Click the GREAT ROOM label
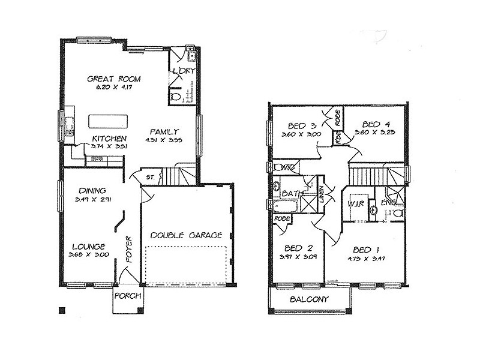tap(113, 79)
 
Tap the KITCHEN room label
tap(109, 138)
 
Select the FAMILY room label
tap(163, 131)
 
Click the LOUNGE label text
tap(89, 246)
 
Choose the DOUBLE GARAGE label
tap(186, 235)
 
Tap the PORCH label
tap(127, 296)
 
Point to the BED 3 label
tap(302, 125)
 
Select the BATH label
tap(290, 193)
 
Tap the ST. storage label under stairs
tap(150, 177)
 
